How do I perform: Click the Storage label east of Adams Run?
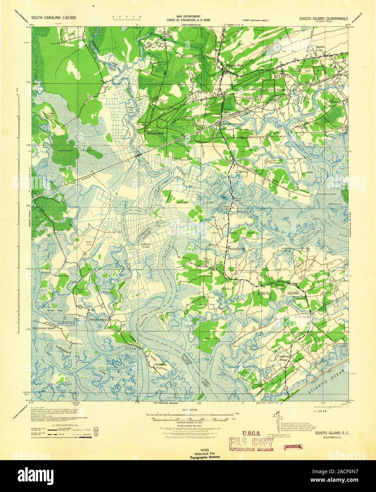click(281, 90)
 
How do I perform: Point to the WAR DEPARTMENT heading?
click(189, 17)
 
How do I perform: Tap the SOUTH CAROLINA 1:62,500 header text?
click(53, 17)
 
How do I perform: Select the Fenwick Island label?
click(98, 320)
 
